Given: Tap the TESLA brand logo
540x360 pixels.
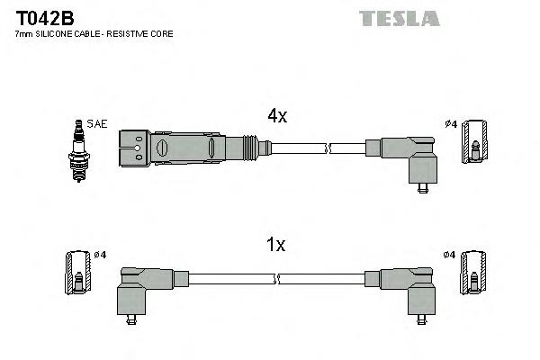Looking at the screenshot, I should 399,17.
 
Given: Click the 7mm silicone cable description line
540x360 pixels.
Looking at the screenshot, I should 94,33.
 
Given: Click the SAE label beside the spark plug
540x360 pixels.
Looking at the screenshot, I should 96,123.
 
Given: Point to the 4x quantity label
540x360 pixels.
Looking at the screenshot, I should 276,115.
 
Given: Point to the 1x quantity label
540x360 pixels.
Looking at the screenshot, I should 276,245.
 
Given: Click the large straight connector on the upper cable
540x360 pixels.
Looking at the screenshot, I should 171,146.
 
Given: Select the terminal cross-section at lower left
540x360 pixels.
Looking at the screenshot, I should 78,274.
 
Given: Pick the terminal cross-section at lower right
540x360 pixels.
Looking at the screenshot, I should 472,274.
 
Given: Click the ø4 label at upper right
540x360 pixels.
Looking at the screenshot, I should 451,123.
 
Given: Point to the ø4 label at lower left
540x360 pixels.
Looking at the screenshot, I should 99,255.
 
